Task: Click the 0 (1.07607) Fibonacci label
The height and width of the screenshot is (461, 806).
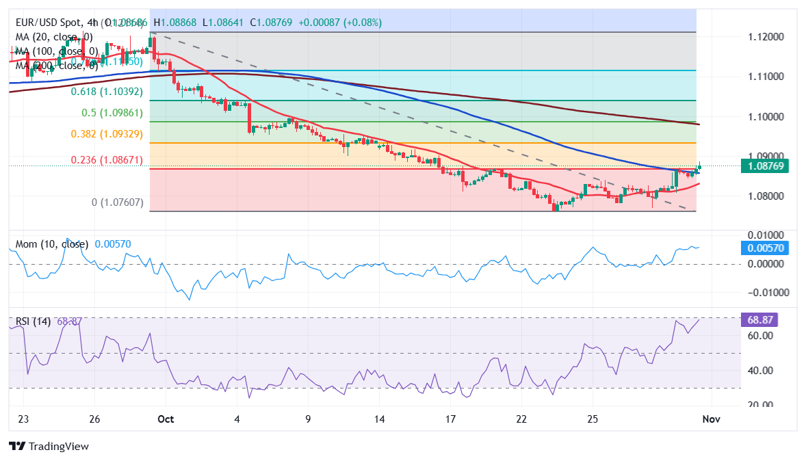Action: [x=117, y=202]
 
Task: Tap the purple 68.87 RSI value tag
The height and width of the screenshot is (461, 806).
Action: [x=759, y=320]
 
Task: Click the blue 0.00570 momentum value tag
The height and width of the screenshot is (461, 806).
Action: [x=764, y=248]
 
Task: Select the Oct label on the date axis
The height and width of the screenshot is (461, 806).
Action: [x=165, y=419]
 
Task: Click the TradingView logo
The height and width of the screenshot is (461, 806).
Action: [x=49, y=447]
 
